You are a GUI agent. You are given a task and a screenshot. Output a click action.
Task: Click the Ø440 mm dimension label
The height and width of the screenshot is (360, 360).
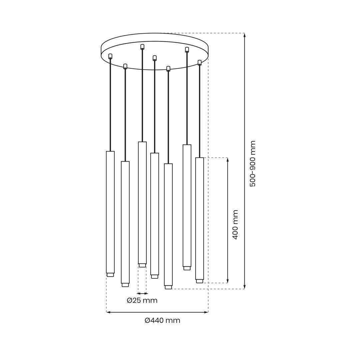(x=162, y=321)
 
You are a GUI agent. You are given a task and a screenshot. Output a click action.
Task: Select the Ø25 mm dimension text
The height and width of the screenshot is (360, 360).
(x=142, y=300)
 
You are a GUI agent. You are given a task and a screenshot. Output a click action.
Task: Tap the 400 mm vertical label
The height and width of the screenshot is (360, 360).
(x=235, y=225)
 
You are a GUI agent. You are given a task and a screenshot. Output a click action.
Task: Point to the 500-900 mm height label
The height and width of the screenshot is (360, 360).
(x=252, y=164)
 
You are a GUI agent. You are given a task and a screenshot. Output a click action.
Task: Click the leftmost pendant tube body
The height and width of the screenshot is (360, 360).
(x=110, y=212)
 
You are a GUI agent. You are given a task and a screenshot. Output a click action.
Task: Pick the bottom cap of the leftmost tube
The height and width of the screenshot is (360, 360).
(x=110, y=275)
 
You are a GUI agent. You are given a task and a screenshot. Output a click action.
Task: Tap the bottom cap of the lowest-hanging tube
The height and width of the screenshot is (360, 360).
(x=168, y=287)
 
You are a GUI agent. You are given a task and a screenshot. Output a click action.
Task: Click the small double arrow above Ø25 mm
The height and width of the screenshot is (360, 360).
(x=142, y=293)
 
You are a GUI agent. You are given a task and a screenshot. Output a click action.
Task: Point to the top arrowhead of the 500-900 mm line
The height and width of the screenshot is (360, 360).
(x=245, y=35)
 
